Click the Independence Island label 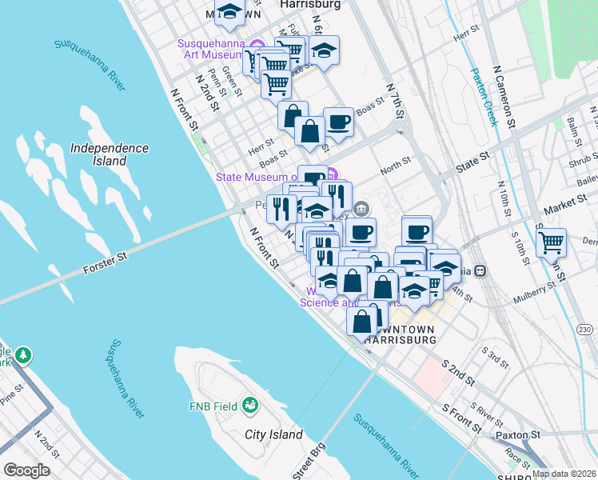point(110,154)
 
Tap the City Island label point(273,435)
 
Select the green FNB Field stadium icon point(250,406)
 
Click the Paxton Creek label point(486,96)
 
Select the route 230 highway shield point(585,330)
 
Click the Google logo point(26,470)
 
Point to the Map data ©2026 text point(563,474)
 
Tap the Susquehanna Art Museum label point(210,49)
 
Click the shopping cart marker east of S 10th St point(551,241)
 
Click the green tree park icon point(24,354)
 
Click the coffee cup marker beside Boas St point(339,121)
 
